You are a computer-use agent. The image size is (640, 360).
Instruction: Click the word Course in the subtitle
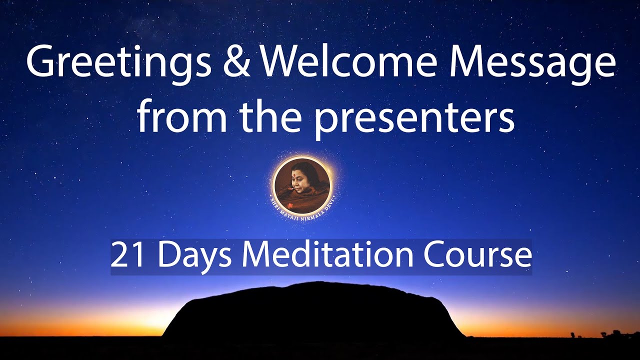click(477, 255)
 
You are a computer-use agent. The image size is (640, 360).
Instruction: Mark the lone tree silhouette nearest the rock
click(573, 333)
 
